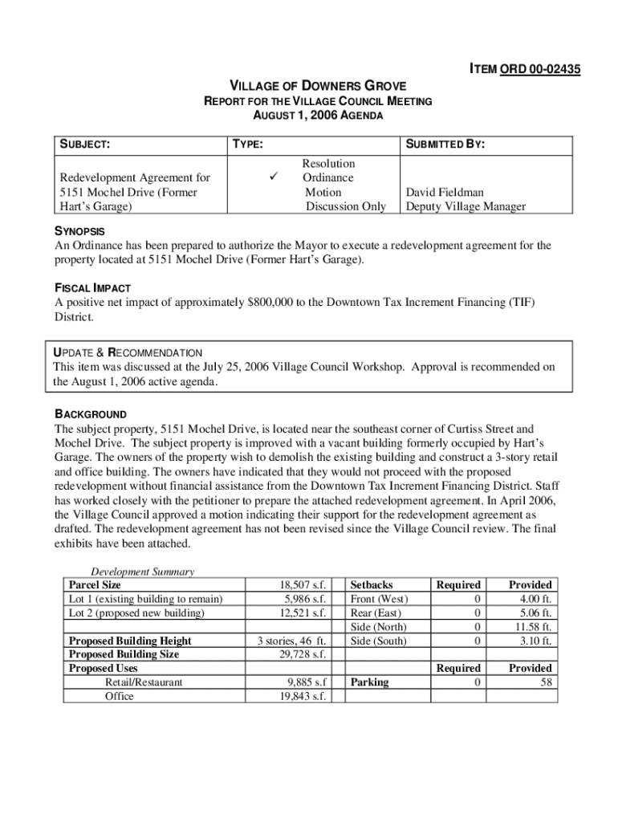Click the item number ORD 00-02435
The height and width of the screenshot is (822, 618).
(x=539, y=70)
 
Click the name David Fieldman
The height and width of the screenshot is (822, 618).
(x=444, y=193)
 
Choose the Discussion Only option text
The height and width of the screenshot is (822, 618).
(x=345, y=206)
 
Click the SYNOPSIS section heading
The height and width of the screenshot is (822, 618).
(x=80, y=232)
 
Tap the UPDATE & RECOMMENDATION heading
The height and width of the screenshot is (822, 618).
(x=127, y=352)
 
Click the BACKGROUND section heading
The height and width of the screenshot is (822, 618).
(x=91, y=414)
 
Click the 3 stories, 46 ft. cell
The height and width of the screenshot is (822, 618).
(x=291, y=641)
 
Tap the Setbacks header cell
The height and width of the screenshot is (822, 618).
(x=372, y=585)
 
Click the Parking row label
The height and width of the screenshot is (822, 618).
(x=369, y=682)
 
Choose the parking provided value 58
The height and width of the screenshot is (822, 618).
(x=545, y=682)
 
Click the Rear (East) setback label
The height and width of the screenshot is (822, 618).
(x=376, y=613)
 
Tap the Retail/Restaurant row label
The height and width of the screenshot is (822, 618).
(x=144, y=682)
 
